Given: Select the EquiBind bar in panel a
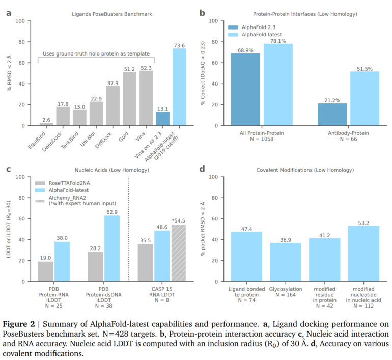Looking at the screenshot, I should pos(46,124).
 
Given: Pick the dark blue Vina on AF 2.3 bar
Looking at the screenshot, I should pos(162,119).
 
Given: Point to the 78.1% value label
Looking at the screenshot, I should pos(278,40).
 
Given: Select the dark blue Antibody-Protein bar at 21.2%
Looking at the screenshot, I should pos(332,115).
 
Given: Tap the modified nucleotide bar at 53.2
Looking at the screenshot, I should pos(363,254).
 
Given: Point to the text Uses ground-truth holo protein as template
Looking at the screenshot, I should pos(96,53).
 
